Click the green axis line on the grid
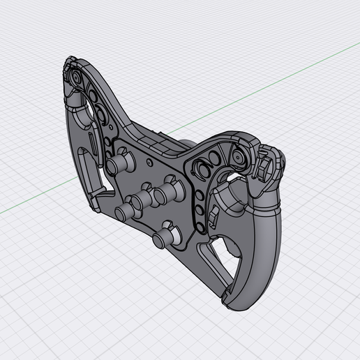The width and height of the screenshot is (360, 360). (x=42, y=200)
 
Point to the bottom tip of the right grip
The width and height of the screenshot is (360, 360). (x=230, y=302)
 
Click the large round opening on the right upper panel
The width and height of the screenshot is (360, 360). (x=207, y=167)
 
